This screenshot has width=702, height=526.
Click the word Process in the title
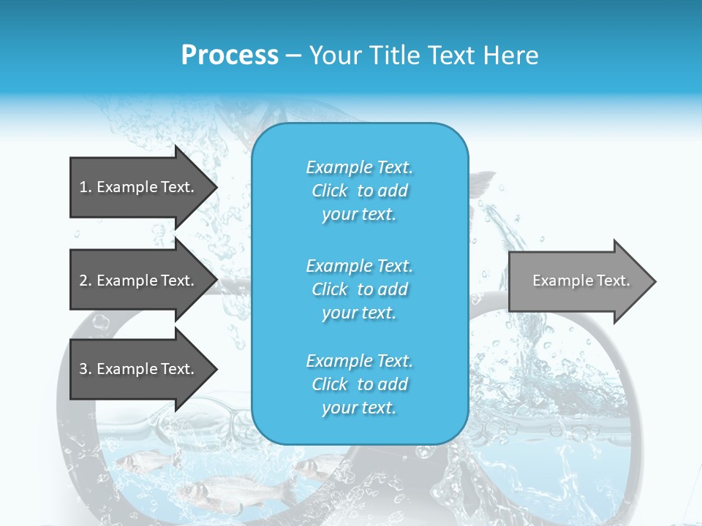point(230,56)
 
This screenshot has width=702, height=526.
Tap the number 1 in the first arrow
point(84,187)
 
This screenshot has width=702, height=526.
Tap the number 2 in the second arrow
point(84,281)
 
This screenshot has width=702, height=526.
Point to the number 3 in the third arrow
point(84,369)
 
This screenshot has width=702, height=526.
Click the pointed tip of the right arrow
point(653,281)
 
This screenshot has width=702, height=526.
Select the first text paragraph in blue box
point(359,191)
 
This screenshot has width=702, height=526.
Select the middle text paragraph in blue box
point(359,289)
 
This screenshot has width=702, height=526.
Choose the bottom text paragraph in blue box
point(359,384)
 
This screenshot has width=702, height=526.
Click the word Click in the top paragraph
point(330,191)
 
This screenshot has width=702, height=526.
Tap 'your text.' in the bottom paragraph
point(359,408)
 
